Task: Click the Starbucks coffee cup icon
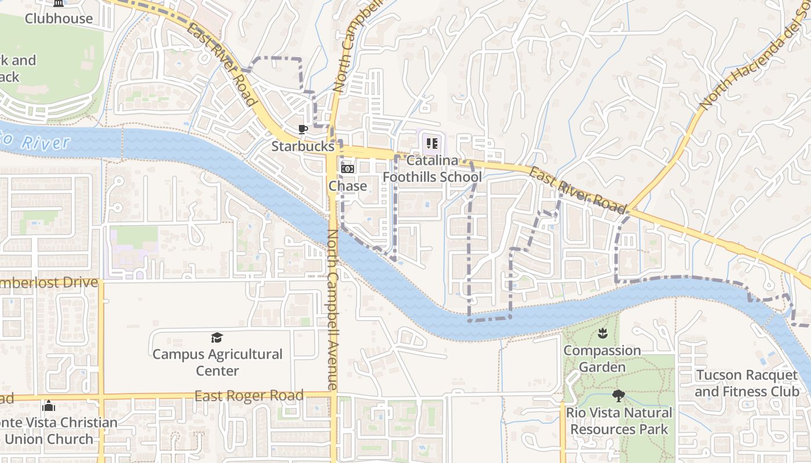(x=302, y=129)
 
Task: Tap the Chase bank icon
(x=348, y=169)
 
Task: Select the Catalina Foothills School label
(x=432, y=168)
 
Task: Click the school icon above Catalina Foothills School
(x=432, y=143)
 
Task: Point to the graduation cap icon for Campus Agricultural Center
(x=217, y=337)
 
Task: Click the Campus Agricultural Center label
(x=217, y=362)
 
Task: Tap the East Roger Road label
(x=249, y=396)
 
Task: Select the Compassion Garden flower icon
(x=602, y=333)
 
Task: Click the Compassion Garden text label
(x=602, y=359)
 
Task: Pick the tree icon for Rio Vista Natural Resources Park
(x=619, y=396)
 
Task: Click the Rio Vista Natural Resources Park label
(x=619, y=421)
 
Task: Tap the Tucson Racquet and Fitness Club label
(x=747, y=383)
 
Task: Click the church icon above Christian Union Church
(x=49, y=405)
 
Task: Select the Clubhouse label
(x=59, y=19)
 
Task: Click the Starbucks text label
(x=303, y=146)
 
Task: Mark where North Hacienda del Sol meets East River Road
(x=627, y=209)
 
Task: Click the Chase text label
(x=348, y=186)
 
